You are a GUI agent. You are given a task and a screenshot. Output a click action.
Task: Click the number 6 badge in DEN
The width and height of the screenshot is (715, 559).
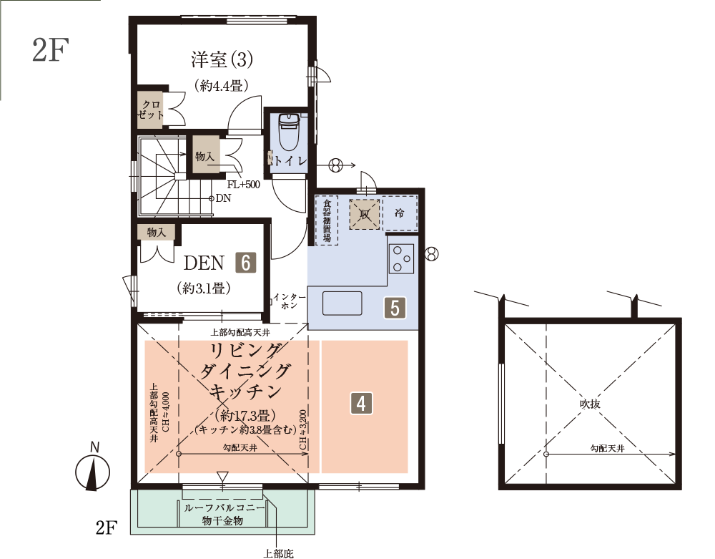click(246, 263)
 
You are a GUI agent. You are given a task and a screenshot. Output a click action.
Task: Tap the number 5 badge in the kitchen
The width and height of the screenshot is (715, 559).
click(395, 308)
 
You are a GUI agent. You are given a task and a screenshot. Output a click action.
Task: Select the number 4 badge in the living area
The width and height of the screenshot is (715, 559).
click(361, 404)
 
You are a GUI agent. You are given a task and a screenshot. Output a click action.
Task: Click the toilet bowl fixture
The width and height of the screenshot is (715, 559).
click(288, 132)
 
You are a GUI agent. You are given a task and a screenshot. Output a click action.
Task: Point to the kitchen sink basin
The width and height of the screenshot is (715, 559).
click(342, 303)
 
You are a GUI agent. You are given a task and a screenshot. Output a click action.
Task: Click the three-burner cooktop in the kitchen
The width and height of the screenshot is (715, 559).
click(401, 258)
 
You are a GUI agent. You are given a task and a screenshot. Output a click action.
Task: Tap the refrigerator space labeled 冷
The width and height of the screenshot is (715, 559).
click(400, 213)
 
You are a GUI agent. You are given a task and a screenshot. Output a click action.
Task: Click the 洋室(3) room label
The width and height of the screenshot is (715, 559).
click(222, 60)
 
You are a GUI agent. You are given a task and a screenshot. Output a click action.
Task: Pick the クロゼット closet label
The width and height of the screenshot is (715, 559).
click(151, 110)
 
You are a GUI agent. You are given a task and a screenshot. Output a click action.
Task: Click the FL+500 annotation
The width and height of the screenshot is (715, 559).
click(244, 185)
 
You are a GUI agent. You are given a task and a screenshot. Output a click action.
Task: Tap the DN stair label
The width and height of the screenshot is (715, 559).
click(223, 198)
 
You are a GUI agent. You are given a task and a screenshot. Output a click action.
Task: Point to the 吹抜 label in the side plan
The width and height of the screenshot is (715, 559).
click(590, 404)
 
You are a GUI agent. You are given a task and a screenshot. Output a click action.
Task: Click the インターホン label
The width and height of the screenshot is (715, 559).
click(289, 301)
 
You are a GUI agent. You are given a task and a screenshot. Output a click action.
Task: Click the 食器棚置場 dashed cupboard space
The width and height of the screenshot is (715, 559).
click(327, 220)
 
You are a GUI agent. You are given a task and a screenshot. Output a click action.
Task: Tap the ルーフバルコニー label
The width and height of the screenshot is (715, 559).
click(224, 508)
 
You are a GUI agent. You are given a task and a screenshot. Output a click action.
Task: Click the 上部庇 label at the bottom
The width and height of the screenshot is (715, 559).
click(278, 553)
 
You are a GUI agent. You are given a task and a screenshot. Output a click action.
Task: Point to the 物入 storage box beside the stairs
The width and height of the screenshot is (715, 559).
click(205, 156)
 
